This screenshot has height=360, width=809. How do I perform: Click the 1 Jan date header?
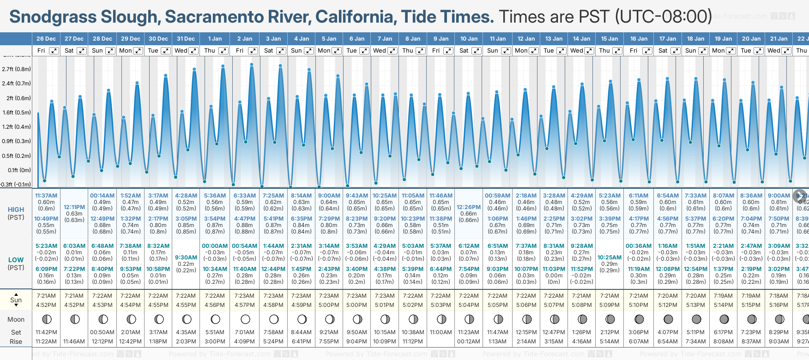point(215,39)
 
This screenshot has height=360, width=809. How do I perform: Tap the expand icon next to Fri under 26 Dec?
point(54,51)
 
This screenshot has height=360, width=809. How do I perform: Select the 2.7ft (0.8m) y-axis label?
point(17,69)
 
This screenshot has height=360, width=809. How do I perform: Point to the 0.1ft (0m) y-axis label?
point(19,170)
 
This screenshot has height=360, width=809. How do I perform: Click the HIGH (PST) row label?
point(16,213)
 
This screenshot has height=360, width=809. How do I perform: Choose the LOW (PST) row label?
point(16,264)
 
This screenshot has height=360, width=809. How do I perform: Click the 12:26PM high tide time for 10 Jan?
point(469,207)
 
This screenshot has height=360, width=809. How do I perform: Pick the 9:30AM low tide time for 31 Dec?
point(186,258)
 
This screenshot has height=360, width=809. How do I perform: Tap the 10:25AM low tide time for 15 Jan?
point(610,258)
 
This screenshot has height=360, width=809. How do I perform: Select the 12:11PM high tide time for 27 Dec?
point(74,207)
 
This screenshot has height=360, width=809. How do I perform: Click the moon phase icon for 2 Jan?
point(245,319)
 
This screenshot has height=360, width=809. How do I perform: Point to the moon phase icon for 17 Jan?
point(668,319)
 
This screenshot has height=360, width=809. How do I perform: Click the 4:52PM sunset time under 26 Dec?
point(46,305)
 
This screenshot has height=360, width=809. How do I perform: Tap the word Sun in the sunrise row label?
point(16,300)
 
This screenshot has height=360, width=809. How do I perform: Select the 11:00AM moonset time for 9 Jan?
point(441,332)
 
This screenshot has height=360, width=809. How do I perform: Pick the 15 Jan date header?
point(610,39)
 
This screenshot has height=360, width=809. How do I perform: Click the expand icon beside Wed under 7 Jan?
point(392,51)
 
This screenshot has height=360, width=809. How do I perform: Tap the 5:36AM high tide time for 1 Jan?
point(215,196)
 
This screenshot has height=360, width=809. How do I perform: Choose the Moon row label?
point(16,319)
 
